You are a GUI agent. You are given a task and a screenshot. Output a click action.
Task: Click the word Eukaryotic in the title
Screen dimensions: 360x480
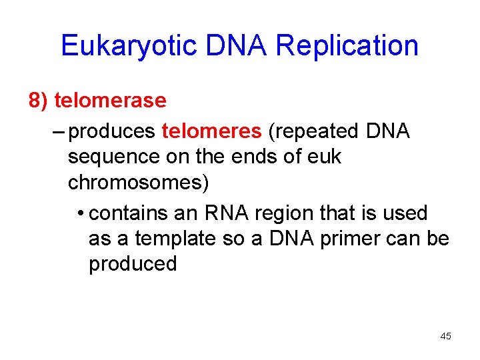coord(128,46)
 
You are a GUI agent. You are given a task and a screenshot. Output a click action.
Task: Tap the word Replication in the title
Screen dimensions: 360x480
coord(347,46)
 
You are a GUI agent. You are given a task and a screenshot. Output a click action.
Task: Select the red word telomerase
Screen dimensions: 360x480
coord(110,101)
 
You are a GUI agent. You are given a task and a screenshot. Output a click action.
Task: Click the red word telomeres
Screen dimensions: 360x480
coord(211,131)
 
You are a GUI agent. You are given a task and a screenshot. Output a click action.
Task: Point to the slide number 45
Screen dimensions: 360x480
coord(445,336)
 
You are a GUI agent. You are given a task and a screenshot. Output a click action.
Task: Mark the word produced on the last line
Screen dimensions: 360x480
coord(133,264)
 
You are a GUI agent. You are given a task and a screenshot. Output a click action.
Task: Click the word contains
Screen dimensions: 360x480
coord(127,213)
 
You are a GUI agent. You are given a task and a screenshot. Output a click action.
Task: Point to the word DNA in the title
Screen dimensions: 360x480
coord(237,46)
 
